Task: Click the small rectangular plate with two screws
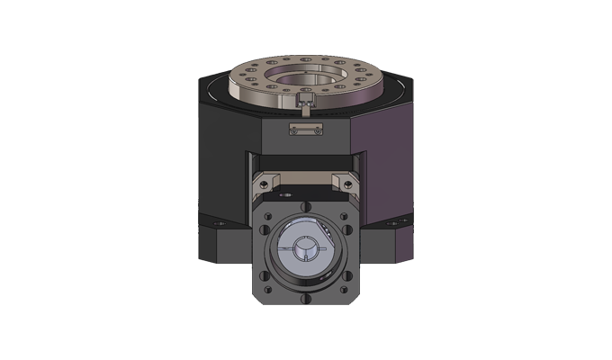tap(306, 131)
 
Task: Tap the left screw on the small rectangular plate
tap(293, 131)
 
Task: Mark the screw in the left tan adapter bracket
tap(281, 193)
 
